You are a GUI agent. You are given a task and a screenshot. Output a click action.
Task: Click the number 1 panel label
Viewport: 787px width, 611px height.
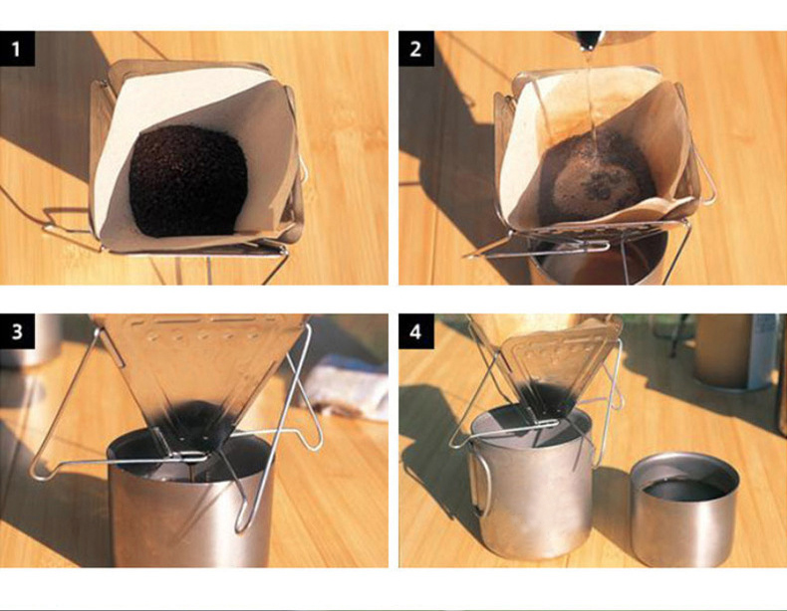coord(17,49)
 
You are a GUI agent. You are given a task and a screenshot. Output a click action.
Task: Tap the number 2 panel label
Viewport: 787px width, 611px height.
coord(416,49)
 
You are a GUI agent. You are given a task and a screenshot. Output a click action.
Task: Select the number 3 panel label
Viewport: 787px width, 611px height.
coord(17,331)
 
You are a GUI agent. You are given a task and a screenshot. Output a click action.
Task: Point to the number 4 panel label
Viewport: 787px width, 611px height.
coord(416,331)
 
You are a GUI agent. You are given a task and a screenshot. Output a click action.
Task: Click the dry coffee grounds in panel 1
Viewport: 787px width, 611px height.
coord(188,181)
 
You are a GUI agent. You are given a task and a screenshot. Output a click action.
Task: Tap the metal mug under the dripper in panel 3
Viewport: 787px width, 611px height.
coord(190,502)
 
